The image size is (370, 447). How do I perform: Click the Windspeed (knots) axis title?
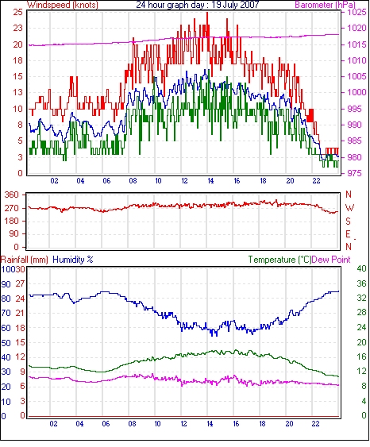(x=63, y=5)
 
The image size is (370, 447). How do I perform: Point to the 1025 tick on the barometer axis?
(x=357, y=12)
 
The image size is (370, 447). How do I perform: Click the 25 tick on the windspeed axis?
(x=17, y=12)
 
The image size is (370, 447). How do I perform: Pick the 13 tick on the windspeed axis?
(x=17, y=92)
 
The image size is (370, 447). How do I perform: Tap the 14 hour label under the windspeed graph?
(x=210, y=181)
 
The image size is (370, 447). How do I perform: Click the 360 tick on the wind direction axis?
(x=12, y=195)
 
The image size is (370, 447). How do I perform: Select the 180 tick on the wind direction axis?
(x=12, y=222)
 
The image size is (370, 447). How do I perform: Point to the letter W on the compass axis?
(x=349, y=208)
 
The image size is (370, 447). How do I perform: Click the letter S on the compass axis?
(x=349, y=222)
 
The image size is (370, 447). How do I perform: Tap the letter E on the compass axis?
(x=348, y=234)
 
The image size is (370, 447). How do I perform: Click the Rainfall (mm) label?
(x=25, y=260)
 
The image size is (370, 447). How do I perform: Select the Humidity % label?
(x=73, y=260)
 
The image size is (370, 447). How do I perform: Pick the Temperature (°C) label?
(x=279, y=260)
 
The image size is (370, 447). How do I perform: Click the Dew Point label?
(x=331, y=260)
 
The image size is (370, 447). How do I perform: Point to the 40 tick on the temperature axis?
(x=362, y=268)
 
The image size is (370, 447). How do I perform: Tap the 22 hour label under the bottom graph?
(x=315, y=424)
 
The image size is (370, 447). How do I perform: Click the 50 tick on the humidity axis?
(x=6, y=343)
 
